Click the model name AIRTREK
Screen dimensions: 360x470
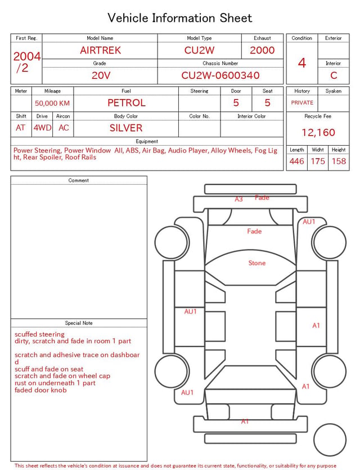100,50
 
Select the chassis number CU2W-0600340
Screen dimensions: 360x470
220,75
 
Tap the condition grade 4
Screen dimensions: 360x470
302,63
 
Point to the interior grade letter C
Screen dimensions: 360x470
334,75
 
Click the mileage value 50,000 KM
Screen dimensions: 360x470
52,104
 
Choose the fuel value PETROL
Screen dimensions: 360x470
126,103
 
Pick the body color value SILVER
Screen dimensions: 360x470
126,128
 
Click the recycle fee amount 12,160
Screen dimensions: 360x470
318,132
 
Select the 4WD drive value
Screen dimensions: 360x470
42,128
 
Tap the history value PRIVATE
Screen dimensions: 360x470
302,103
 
